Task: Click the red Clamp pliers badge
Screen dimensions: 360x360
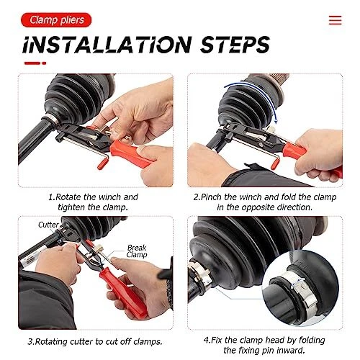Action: (56, 20)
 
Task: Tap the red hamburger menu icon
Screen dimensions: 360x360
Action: (335, 20)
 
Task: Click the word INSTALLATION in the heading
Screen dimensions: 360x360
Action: (107, 45)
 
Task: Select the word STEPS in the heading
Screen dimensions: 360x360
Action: (235, 45)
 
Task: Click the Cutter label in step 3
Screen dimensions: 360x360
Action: (48, 225)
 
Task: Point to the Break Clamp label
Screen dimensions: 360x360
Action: (137, 251)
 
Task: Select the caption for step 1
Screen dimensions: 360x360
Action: (93, 202)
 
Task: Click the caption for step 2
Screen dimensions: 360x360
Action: (265, 202)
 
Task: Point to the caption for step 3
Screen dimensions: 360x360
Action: (95, 341)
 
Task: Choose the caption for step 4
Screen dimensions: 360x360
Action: (264, 345)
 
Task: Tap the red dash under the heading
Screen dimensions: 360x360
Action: (35, 63)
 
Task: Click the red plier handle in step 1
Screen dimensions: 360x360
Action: (131, 153)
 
